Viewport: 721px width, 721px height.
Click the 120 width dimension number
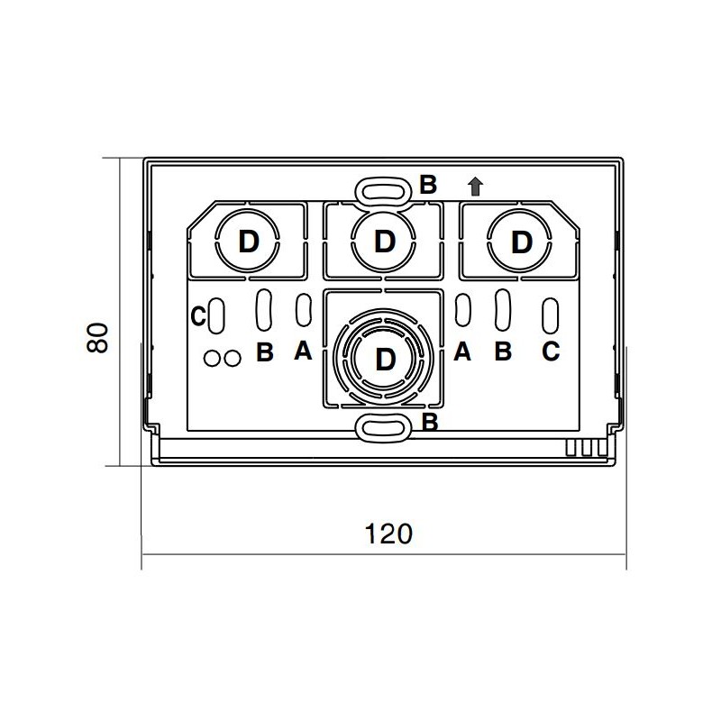(x=388, y=534)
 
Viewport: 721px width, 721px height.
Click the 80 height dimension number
(x=97, y=338)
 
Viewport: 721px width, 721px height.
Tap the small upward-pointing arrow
(x=476, y=187)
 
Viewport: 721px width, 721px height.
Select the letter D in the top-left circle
(x=249, y=242)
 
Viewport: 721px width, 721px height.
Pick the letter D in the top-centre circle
(x=385, y=241)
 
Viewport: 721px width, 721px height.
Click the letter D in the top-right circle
(x=522, y=242)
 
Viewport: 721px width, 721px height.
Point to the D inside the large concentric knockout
(x=386, y=359)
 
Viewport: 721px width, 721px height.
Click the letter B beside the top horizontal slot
(x=427, y=185)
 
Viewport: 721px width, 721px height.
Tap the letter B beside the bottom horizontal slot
(x=430, y=422)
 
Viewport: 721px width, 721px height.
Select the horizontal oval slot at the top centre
(x=384, y=190)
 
